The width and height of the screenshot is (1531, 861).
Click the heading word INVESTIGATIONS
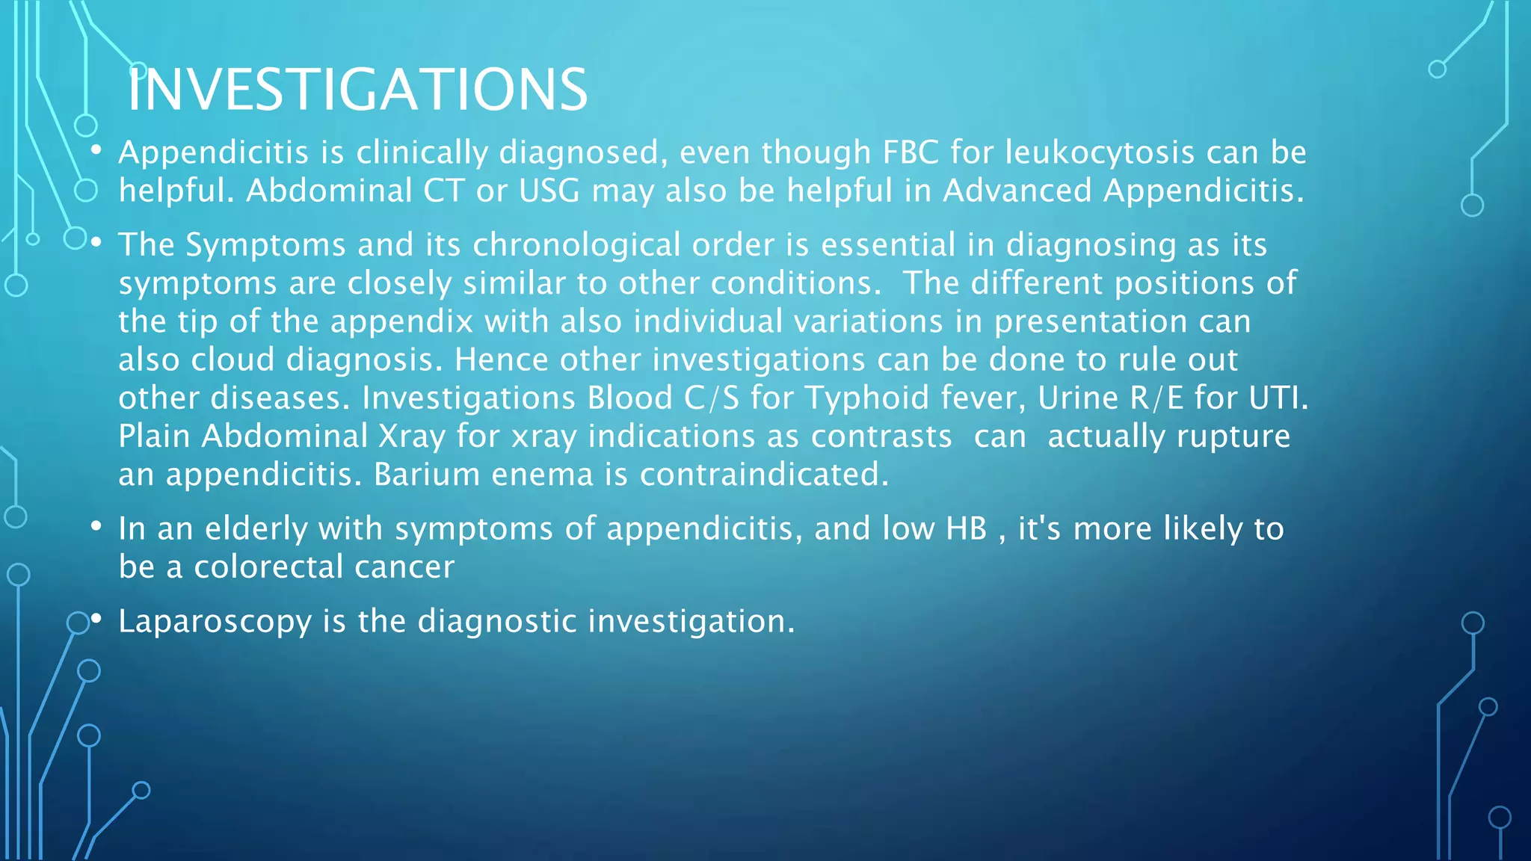[357, 90]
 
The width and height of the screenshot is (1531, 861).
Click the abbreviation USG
[549, 191]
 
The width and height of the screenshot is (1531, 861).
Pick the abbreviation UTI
[1278, 398]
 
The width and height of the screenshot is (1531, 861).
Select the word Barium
[426, 475]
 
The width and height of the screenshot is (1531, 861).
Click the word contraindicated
[764, 475]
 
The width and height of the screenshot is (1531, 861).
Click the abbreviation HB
[967, 529]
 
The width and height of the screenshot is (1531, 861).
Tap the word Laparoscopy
[215, 622]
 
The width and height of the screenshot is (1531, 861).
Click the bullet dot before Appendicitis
[96, 152]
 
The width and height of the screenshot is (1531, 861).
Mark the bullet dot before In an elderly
[96, 528]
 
